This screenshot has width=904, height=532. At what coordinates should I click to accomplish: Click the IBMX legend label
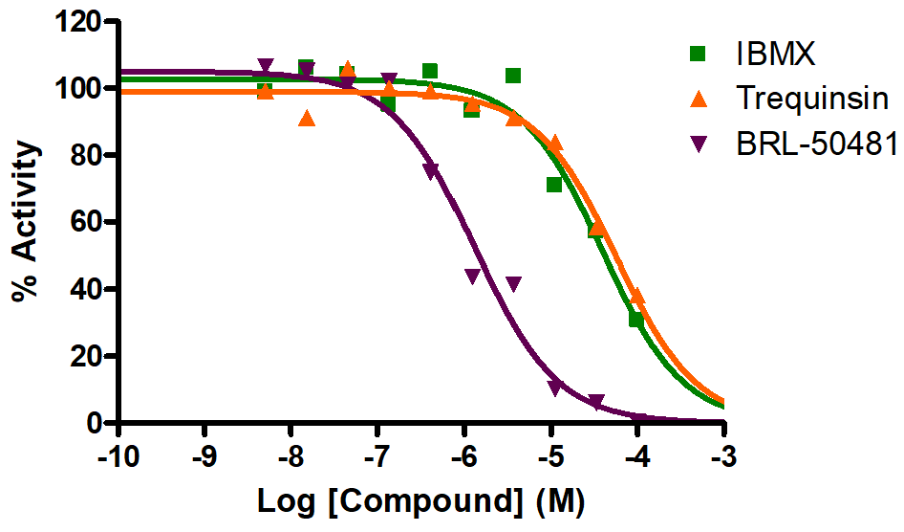click(775, 54)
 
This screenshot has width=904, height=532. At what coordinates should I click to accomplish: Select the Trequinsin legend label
click(813, 99)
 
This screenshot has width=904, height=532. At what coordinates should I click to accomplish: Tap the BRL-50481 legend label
click(817, 144)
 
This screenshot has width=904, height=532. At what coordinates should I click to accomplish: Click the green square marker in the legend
click(699, 54)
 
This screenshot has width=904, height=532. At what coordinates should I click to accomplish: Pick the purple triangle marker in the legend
click(699, 145)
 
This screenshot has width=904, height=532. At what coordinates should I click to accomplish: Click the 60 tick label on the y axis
click(87, 222)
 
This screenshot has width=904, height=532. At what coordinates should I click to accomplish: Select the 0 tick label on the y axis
click(95, 423)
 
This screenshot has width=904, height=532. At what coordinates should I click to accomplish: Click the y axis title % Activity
click(28, 222)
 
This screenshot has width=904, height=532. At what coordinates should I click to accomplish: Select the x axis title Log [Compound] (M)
click(420, 500)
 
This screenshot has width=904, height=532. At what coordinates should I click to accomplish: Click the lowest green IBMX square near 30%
click(636, 320)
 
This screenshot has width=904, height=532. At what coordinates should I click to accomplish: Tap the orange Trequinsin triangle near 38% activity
click(637, 297)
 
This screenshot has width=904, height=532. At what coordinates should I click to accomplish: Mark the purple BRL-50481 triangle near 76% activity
click(431, 170)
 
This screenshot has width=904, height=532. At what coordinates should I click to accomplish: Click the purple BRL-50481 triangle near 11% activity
click(555, 388)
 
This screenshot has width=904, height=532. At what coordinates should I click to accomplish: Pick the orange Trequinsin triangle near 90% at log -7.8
click(307, 119)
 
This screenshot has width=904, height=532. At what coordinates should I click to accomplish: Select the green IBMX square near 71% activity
click(554, 185)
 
